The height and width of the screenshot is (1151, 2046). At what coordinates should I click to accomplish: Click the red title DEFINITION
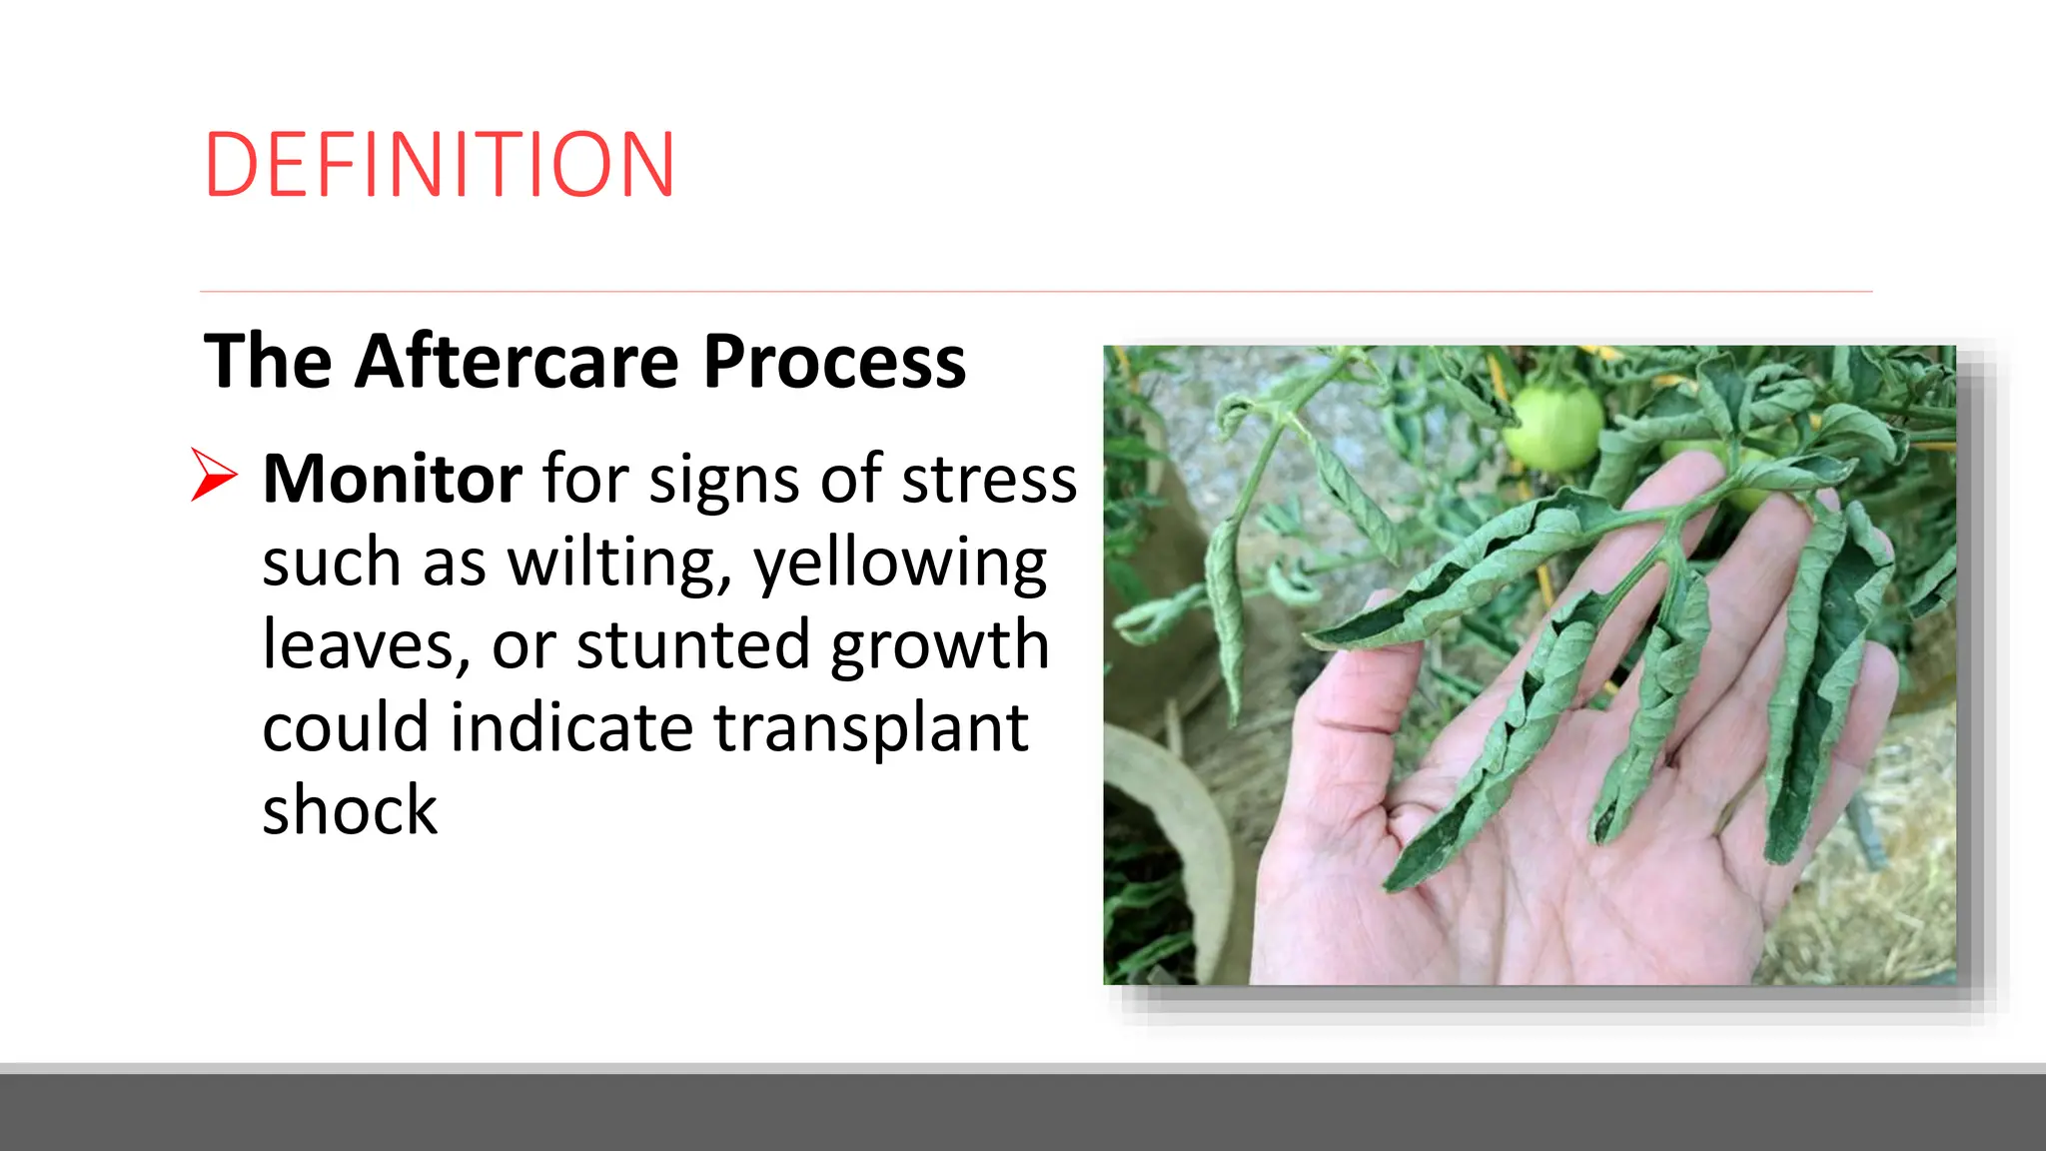[x=440, y=165]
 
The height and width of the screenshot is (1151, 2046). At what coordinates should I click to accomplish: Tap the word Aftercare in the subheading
[x=516, y=362]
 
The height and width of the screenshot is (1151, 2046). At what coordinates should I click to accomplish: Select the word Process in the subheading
[x=834, y=362]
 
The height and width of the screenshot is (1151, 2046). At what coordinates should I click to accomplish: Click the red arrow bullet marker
[x=214, y=475]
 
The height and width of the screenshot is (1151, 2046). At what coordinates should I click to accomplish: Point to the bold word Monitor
[x=392, y=480]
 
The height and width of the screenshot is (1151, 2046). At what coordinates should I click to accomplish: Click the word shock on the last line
[x=350, y=810]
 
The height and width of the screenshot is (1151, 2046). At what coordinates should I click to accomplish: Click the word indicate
[x=571, y=727]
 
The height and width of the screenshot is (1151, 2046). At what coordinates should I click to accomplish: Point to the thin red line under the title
[x=1035, y=292]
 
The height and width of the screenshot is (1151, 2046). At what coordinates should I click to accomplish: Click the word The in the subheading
[x=267, y=362]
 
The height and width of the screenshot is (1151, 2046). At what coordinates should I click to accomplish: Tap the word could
[x=346, y=727]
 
